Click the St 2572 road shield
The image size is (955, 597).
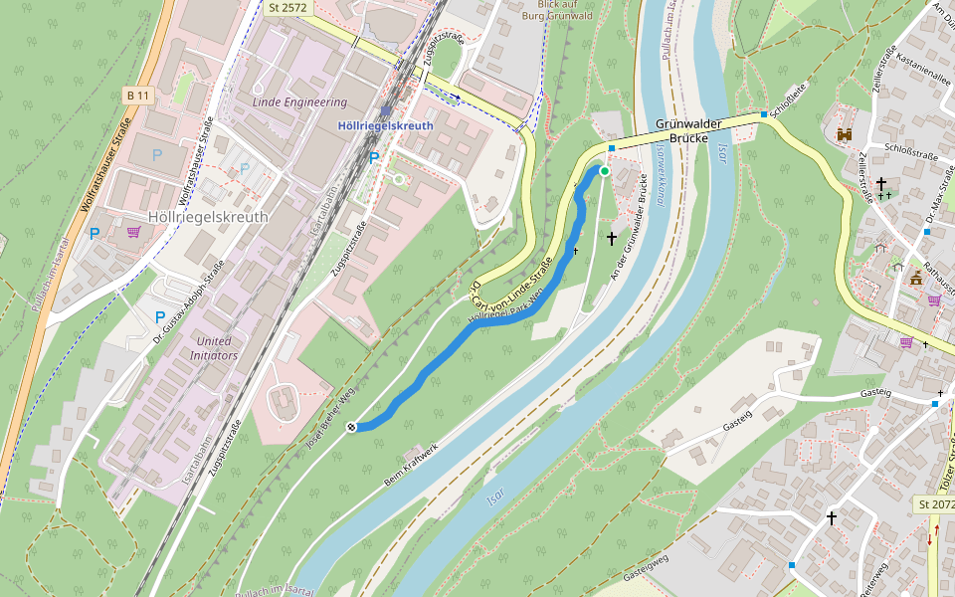click(x=288, y=7)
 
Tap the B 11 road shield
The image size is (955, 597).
click(x=137, y=95)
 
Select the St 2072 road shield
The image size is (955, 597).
click(x=935, y=505)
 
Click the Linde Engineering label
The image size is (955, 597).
click(x=300, y=101)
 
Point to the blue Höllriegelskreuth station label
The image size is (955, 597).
click(x=385, y=126)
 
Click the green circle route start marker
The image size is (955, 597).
click(x=604, y=171)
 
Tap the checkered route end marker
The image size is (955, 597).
click(x=352, y=427)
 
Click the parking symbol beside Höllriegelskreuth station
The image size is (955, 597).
click(x=374, y=158)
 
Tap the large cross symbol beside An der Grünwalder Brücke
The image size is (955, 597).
click(x=613, y=239)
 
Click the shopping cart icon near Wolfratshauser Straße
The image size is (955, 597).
click(x=133, y=232)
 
